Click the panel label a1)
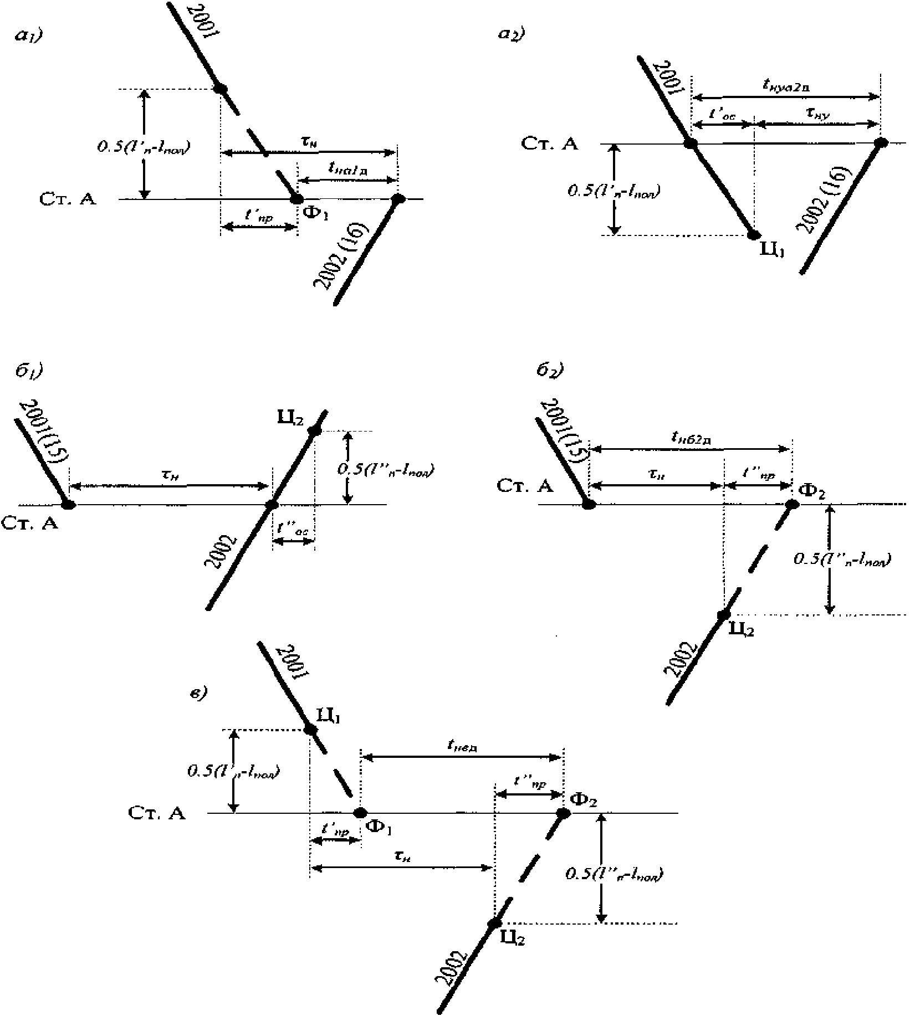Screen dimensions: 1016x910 pyautogui.click(x=30, y=37)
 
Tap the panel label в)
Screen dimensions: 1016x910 pyautogui.click(x=198, y=693)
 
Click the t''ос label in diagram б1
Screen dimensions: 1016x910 pyautogui.click(x=293, y=530)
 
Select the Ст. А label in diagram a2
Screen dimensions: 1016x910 pyautogui.click(x=550, y=144)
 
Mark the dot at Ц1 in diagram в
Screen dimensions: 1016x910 pyautogui.click(x=310, y=729)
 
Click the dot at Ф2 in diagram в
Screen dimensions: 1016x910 pyautogui.click(x=563, y=813)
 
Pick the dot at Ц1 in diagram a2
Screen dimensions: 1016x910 pyautogui.click(x=753, y=235)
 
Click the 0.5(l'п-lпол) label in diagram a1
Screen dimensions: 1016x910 pyautogui.click(x=141, y=147)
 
